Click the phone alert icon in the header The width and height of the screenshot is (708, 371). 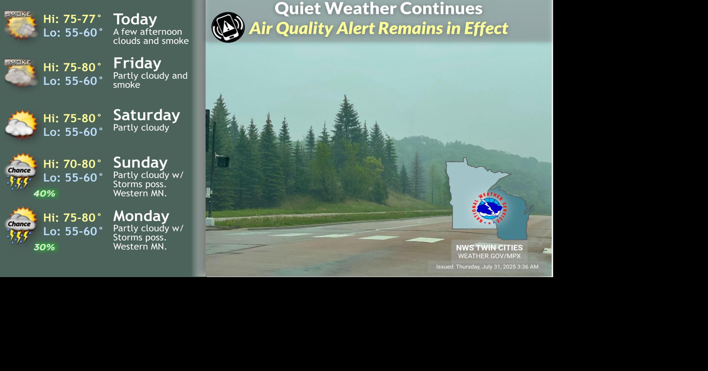pyautogui.click(x=228, y=27)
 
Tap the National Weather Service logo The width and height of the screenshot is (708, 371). pyautogui.click(x=489, y=209)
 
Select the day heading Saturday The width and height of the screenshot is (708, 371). pyautogui.click(x=147, y=115)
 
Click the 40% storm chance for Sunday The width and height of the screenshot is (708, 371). pyautogui.click(x=44, y=193)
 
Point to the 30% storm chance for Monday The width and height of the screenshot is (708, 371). pyautogui.click(x=44, y=247)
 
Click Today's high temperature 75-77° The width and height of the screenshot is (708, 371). pyautogui.click(x=82, y=19)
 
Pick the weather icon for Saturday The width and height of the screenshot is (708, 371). pyautogui.click(x=21, y=124)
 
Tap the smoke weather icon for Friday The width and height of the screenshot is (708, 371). pyautogui.click(x=21, y=73)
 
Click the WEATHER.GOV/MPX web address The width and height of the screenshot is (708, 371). pyautogui.click(x=489, y=256)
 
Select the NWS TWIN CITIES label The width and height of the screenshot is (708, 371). pyautogui.click(x=489, y=248)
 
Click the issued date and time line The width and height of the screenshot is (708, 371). pyautogui.click(x=487, y=267)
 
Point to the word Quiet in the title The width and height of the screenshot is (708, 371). pyautogui.click(x=298, y=9)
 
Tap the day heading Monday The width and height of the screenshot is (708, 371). pyautogui.click(x=142, y=216)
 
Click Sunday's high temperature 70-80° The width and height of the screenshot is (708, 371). pyautogui.click(x=82, y=164)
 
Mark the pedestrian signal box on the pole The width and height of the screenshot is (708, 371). pyautogui.click(x=223, y=162)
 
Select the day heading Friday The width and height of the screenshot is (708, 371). pyautogui.click(x=137, y=63)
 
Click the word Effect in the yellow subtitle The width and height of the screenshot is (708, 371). pyautogui.click(x=486, y=28)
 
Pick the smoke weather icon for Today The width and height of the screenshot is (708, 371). pyautogui.click(x=21, y=25)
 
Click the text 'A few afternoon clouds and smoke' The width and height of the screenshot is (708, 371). pyautogui.click(x=151, y=36)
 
